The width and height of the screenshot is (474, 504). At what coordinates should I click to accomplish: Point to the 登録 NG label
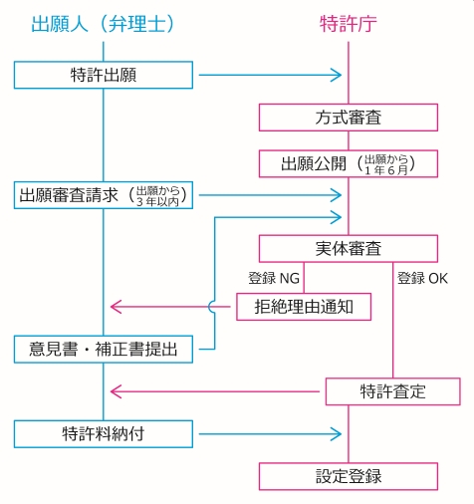(274, 278)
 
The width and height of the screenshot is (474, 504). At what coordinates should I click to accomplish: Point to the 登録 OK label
(422, 278)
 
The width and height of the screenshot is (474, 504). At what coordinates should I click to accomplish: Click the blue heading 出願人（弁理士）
(103, 24)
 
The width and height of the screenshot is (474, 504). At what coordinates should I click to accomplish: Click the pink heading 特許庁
(349, 24)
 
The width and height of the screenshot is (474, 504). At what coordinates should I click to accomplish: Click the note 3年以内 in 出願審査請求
(158, 202)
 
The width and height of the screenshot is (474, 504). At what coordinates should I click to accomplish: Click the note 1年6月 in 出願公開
(386, 170)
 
